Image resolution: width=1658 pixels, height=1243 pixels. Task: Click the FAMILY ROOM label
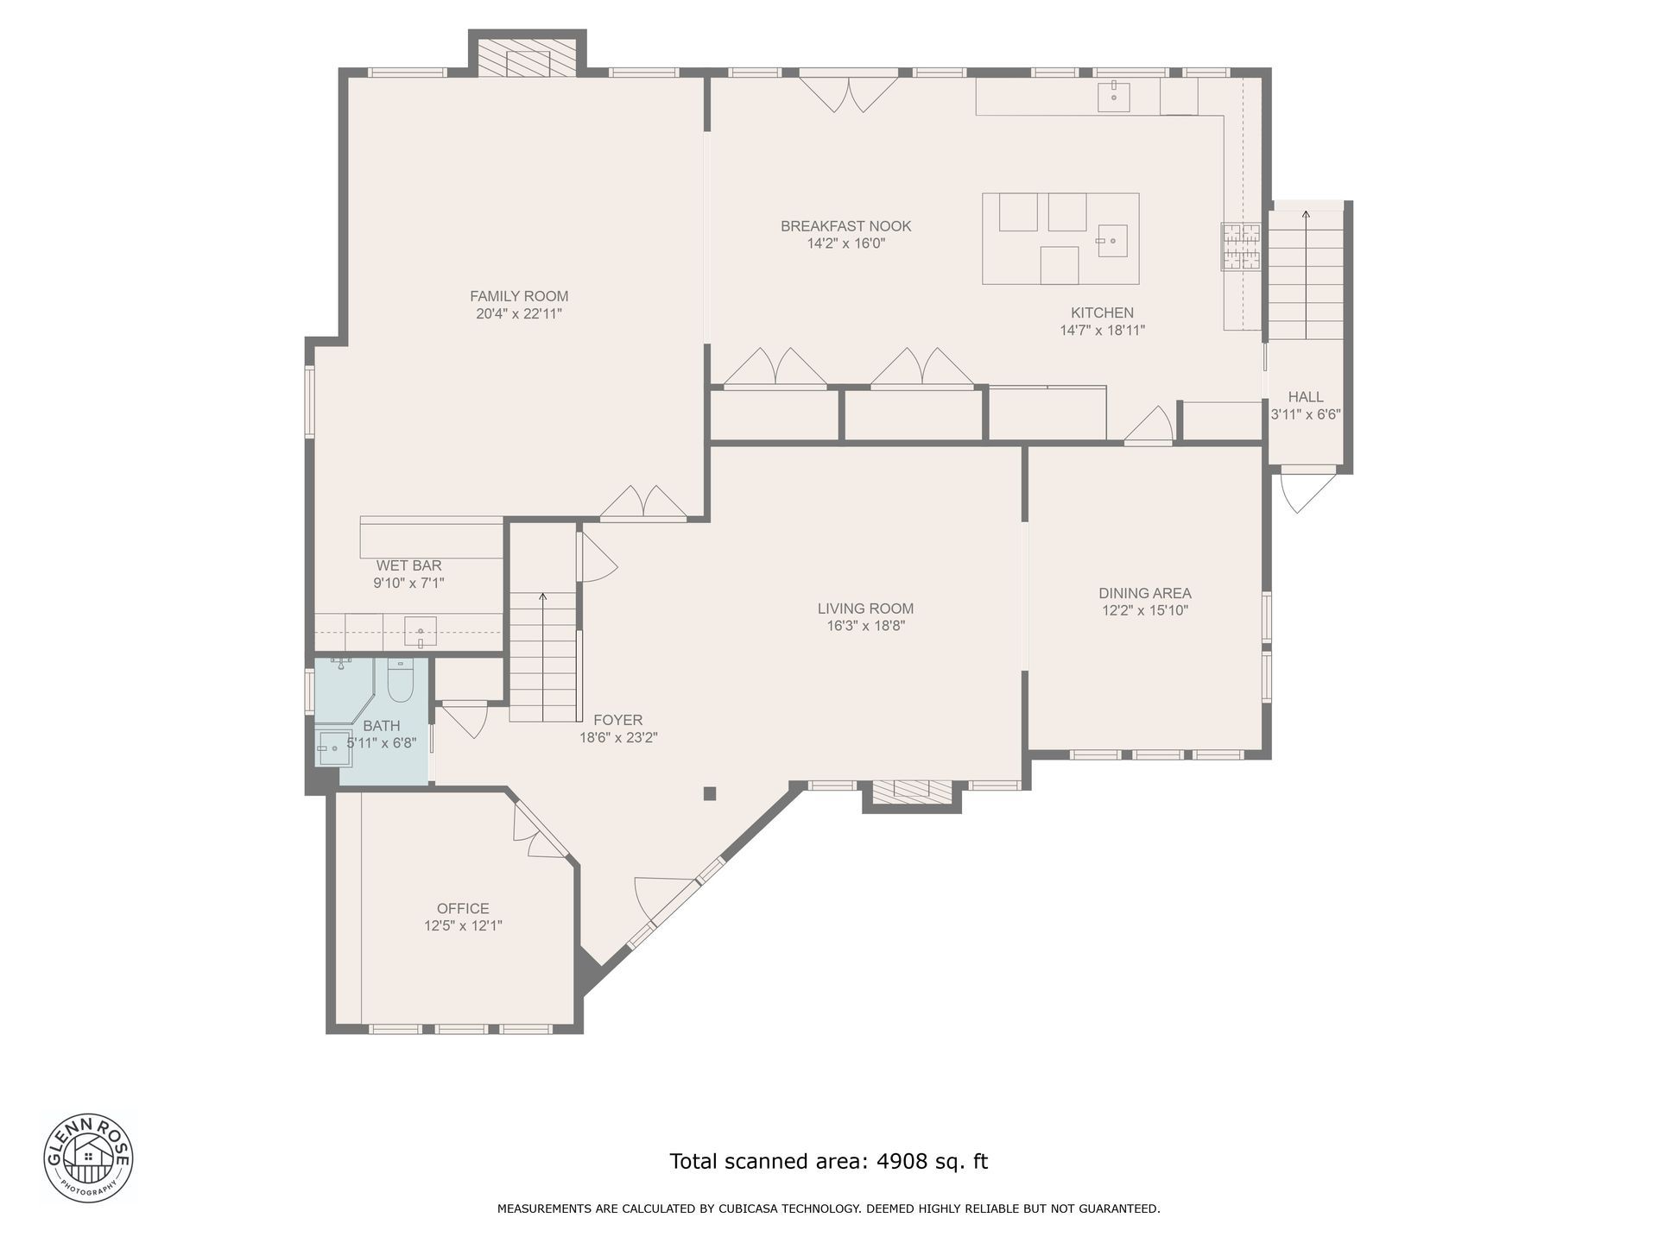click(519, 296)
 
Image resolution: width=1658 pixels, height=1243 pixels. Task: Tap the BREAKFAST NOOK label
click(846, 226)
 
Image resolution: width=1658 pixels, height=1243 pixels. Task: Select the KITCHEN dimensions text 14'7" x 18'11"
click(1103, 331)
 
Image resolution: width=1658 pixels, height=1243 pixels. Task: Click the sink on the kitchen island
click(1113, 241)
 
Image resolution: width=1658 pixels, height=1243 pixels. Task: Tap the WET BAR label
click(408, 565)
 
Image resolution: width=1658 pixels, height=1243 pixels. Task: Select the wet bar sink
click(421, 632)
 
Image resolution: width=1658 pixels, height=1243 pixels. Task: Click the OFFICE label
click(463, 908)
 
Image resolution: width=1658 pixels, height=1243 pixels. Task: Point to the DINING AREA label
click(1145, 593)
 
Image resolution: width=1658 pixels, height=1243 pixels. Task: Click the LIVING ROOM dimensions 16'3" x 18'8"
click(865, 627)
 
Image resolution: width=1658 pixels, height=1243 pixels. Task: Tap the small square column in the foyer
click(710, 793)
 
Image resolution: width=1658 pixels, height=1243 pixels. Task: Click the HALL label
click(1306, 397)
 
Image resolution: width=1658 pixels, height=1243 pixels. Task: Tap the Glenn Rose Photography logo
click(88, 1158)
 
